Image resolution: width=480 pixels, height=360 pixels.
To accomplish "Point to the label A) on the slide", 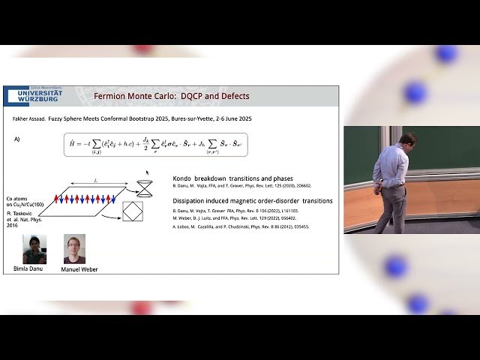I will coord(17,139).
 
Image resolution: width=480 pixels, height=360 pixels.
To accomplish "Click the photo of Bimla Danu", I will coord(34,249).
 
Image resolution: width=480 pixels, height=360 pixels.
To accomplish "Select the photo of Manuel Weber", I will coord(74,249).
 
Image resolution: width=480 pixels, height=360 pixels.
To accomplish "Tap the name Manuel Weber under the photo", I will coord(79,269).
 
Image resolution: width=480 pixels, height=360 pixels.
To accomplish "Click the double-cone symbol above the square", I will coord(144,188).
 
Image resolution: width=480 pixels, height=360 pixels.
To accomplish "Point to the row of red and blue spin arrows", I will coord(83,199).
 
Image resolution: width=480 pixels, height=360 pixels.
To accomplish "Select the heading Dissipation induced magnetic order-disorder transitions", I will coord(252,201).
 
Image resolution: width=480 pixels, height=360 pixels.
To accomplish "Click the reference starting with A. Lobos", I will coord(240,226).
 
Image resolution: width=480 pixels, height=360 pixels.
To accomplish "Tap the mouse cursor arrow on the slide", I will coord(147,172).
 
